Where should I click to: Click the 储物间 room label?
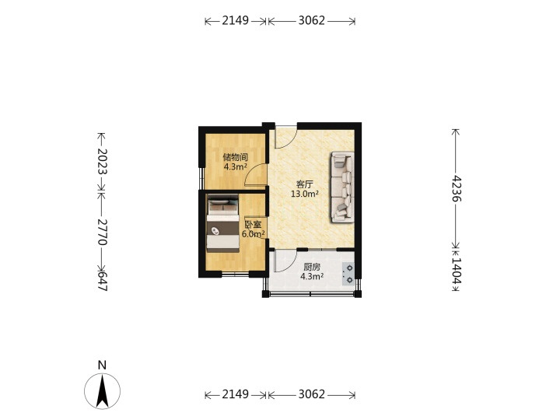tap(236, 157)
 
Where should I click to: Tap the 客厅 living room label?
tap(305, 184)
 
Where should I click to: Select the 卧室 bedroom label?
tap(253, 225)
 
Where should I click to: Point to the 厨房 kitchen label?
tap(312, 267)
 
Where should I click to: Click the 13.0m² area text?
tap(305, 194)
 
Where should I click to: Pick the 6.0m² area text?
tap(254, 234)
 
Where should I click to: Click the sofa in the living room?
tap(342, 187)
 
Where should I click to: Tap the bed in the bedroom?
tap(223, 223)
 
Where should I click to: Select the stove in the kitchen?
tap(348, 274)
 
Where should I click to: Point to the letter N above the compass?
tap(102, 365)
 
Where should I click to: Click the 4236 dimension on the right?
tap(456, 188)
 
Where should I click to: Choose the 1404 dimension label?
tap(456, 271)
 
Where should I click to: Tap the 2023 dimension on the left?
tap(102, 162)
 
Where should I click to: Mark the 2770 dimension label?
tap(102, 232)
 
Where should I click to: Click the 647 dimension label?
tap(103, 281)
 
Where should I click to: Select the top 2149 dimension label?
tap(236, 21)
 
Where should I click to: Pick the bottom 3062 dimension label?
tap(312, 394)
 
